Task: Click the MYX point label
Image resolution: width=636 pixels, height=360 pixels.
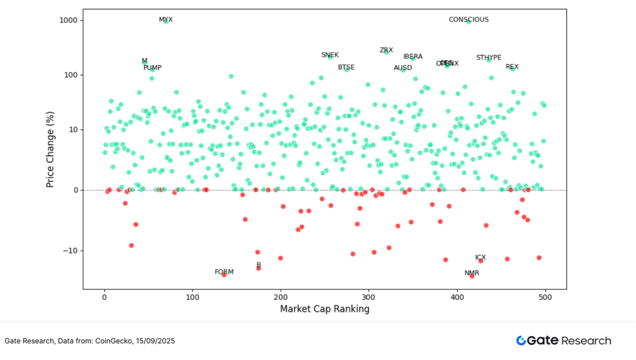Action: (166, 20)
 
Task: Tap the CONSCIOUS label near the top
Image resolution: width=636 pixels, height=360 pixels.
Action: (468, 20)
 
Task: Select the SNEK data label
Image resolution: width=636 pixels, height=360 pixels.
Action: (330, 55)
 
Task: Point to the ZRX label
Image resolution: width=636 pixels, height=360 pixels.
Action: (386, 50)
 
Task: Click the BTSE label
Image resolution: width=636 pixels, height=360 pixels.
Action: (346, 67)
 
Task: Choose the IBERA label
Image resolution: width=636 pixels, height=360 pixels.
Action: (413, 57)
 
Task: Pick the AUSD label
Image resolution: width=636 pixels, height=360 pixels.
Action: (402, 68)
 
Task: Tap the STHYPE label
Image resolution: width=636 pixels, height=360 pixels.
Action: (489, 58)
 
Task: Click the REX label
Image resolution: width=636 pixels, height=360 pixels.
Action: (512, 67)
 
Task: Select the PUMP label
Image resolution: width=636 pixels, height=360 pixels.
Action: (152, 68)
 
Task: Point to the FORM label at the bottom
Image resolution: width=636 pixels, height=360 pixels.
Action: (224, 272)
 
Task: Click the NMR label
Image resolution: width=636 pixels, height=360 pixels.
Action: (472, 273)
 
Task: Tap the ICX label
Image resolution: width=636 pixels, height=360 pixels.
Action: (481, 258)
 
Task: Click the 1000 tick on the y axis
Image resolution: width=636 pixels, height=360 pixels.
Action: (68, 20)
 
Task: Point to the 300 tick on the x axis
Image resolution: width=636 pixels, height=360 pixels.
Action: (369, 298)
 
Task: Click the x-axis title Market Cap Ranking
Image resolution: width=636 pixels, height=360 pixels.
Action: (325, 309)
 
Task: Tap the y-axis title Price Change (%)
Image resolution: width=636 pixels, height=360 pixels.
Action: (50, 150)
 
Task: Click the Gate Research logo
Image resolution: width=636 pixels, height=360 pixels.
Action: (563, 341)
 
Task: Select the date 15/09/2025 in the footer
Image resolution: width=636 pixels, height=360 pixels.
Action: (157, 341)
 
